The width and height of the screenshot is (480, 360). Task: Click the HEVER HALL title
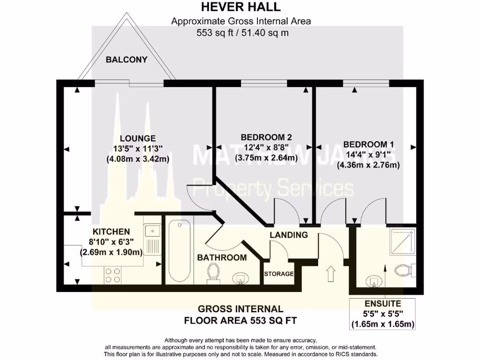[240, 7]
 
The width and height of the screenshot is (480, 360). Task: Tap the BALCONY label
[127, 60]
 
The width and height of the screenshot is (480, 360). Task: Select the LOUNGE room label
[138, 138]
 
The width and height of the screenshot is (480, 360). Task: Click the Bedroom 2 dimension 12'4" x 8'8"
[266, 148]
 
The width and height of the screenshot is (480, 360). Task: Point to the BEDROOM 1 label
[368, 144]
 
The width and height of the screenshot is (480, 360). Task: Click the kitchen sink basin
[152, 231]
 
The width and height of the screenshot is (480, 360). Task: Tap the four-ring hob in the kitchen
[112, 275]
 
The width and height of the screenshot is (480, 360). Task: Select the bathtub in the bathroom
[180, 251]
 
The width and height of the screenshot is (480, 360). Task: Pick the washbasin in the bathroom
[240, 278]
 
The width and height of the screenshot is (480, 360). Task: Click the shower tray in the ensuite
[403, 241]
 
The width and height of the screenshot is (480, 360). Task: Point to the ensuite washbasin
[374, 281]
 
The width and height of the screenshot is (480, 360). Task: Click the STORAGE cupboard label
[279, 274]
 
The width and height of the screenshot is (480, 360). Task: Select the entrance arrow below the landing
[330, 274]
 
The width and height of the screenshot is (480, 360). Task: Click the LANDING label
[289, 235]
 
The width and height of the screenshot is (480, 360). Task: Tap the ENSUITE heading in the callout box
[382, 304]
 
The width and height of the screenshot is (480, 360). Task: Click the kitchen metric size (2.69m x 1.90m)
[112, 252]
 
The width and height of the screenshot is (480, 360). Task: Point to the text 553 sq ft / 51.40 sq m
[242, 32]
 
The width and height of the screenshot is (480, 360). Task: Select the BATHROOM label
[222, 257]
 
